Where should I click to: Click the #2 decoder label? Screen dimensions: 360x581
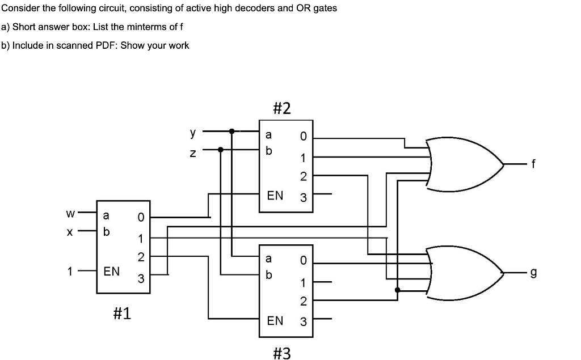[x=282, y=108]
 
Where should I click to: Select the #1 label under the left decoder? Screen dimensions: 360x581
[x=121, y=312]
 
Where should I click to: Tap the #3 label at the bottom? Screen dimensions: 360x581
[x=282, y=353]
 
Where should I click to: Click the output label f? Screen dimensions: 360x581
[x=532, y=166]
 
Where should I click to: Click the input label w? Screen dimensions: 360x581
[x=70, y=214]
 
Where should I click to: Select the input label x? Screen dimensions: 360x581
[x=70, y=232]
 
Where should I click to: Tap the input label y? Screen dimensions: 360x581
[x=193, y=133]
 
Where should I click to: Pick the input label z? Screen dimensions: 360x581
[x=193, y=151]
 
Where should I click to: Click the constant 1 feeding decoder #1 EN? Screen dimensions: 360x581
[x=70, y=272]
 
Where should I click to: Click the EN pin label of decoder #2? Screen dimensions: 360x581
[x=275, y=196]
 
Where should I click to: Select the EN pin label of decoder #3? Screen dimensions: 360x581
[x=275, y=321]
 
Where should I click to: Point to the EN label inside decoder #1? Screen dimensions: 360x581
[x=112, y=272]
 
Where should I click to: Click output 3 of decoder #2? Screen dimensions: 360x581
[x=303, y=198]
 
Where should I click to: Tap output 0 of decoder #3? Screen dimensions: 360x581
[x=303, y=261]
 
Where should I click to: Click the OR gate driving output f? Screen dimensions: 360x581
[x=465, y=164]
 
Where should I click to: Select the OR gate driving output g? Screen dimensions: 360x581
[x=465, y=273]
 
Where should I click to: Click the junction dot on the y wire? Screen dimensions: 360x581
[x=231, y=132]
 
